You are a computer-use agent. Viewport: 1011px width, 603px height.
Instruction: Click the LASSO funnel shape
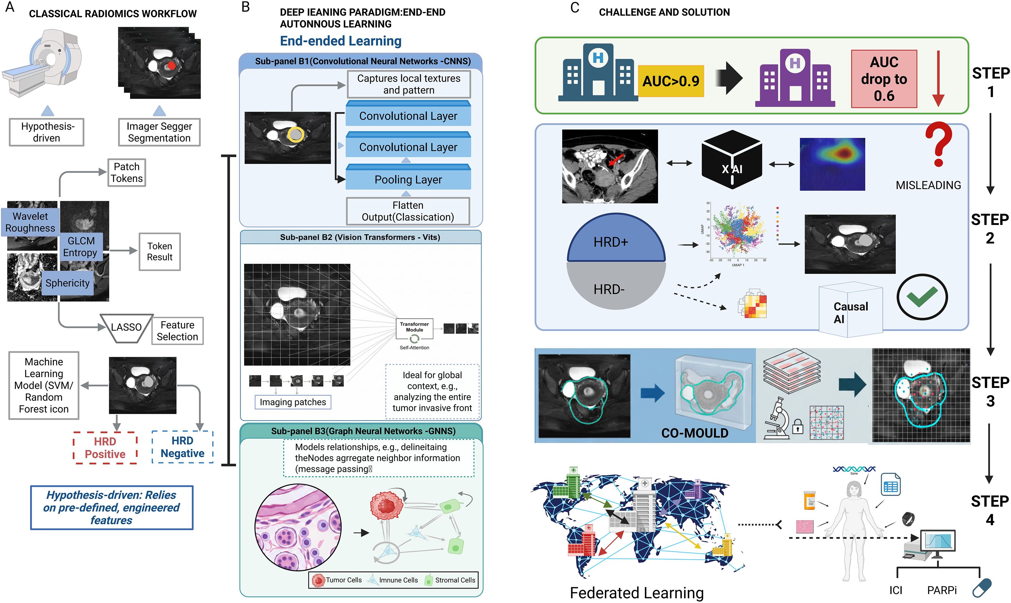[x=126, y=328]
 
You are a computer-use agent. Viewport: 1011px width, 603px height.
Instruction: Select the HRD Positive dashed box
[x=105, y=448]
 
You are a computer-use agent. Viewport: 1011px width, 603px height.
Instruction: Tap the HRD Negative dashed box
[x=182, y=447]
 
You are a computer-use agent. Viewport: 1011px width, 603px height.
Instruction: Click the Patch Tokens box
[x=126, y=173]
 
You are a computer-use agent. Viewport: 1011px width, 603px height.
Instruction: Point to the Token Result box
[x=159, y=251]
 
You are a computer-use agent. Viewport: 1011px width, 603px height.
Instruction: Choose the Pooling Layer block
[x=408, y=179]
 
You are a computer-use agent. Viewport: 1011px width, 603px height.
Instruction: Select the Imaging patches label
[x=293, y=402]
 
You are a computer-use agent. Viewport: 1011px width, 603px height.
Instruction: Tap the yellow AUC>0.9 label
[x=670, y=81]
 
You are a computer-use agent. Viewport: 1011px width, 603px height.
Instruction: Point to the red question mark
[x=938, y=144]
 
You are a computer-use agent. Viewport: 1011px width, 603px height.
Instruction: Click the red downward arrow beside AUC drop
[x=938, y=79]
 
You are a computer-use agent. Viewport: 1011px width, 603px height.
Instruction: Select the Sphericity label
[x=68, y=283]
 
